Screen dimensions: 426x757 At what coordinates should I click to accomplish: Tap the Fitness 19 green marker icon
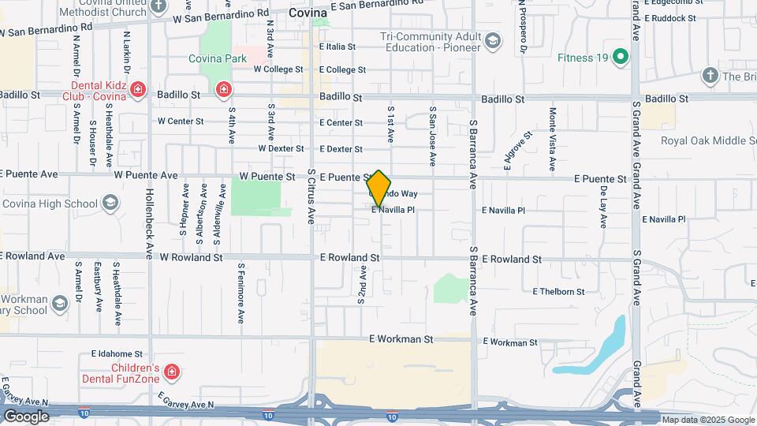(x=620, y=57)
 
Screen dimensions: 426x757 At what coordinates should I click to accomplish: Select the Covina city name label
(x=308, y=13)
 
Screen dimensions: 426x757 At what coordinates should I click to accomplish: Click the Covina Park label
(x=217, y=58)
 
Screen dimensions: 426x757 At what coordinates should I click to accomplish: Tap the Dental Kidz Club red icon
(x=138, y=88)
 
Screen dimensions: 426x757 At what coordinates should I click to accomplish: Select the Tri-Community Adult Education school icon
(x=492, y=41)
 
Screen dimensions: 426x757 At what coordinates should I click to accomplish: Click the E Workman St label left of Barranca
(x=401, y=339)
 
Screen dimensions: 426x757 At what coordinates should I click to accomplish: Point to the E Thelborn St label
(x=559, y=292)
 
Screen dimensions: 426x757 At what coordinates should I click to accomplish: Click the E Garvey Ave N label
(x=185, y=401)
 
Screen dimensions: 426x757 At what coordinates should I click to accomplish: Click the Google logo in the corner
(x=27, y=417)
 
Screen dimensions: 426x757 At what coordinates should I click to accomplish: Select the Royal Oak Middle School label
(x=707, y=140)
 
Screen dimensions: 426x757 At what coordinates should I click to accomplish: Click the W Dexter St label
(x=281, y=148)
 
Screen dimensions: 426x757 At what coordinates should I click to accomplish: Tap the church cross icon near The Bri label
(x=710, y=76)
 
